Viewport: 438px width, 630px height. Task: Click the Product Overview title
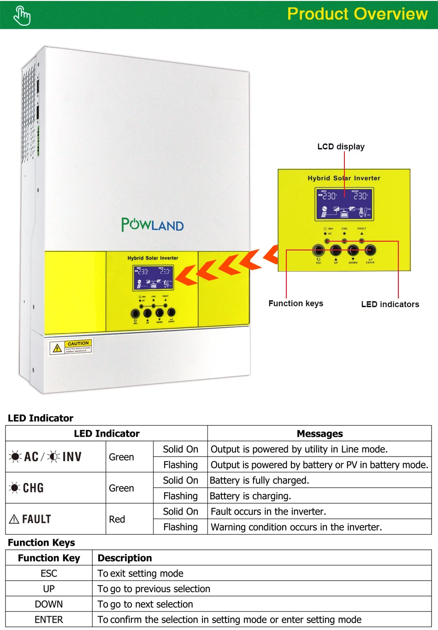click(357, 14)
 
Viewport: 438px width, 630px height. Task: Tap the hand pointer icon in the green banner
click(22, 16)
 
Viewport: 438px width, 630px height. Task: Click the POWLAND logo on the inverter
click(153, 225)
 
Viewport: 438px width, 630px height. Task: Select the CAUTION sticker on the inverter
click(71, 347)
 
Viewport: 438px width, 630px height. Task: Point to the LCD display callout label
click(341, 147)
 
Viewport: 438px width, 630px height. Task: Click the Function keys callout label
click(296, 303)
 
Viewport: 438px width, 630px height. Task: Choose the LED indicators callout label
click(390, 304)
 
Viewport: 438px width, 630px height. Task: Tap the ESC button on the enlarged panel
click(319, 250)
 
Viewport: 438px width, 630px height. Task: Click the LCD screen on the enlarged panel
click(344, 203)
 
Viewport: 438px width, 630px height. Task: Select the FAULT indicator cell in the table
click(30, 519)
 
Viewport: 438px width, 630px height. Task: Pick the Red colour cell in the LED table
click(117, 519)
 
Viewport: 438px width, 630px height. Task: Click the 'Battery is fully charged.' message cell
click(260, 481)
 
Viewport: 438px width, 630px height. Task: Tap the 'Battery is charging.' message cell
click(250, 496)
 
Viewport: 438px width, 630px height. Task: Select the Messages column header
click(320, 434)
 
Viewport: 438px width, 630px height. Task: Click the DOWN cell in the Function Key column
click(49, 604)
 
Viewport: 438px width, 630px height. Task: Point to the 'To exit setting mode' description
click(141, 573)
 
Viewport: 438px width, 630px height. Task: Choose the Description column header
click(124, 558)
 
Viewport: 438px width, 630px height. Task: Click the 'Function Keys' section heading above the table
click(41, 542)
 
